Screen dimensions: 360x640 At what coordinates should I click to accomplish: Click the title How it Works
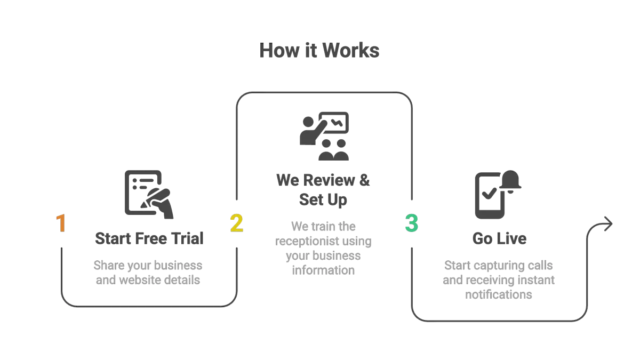[x=319, y=51]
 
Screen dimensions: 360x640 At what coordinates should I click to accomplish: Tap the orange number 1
[x=62, y=223]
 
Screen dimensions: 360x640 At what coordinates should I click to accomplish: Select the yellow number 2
[x=236, y=223]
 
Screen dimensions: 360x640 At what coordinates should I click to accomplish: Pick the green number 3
[x=411, y=223]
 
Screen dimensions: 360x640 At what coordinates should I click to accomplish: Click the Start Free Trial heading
[x=149, y=238]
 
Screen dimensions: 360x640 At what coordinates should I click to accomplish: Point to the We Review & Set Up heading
[x=323, y=189]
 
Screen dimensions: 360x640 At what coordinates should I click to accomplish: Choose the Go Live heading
[x=499, y=238]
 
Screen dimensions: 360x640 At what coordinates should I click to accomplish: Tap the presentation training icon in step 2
[x=324, y=135]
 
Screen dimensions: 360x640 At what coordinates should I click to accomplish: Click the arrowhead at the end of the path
[x=608, y=225]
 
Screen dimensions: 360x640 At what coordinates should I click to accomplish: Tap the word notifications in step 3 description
[x=499, y=294]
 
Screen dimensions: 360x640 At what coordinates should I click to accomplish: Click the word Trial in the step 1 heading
[x=187, y=238]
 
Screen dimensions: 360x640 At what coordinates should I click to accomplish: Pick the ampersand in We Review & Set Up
[x=364, y=180]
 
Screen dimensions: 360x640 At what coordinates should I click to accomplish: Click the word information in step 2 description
[x=323, y=270]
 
